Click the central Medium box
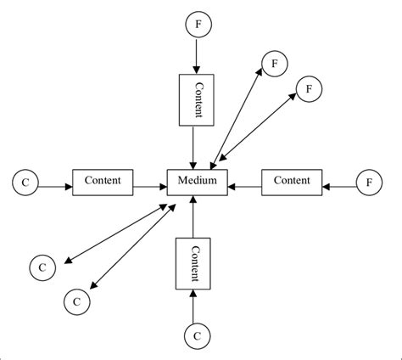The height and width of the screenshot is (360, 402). (x=197, y=181)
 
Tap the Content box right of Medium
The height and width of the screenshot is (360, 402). (x=292, y=181)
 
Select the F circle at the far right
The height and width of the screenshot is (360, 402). (x=368, y=181)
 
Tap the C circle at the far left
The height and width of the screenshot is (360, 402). (x=25, y=181)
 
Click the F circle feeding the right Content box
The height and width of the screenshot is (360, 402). (x=368, y=181)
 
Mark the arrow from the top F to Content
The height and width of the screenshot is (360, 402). (x=197, y=56)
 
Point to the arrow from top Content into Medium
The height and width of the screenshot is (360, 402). (x=197, y=145)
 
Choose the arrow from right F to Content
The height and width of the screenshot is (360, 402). (x=338, y=181)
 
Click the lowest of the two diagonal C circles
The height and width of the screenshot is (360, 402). (x=76, y=301)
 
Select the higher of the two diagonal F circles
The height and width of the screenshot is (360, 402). (x=274, y=62)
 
